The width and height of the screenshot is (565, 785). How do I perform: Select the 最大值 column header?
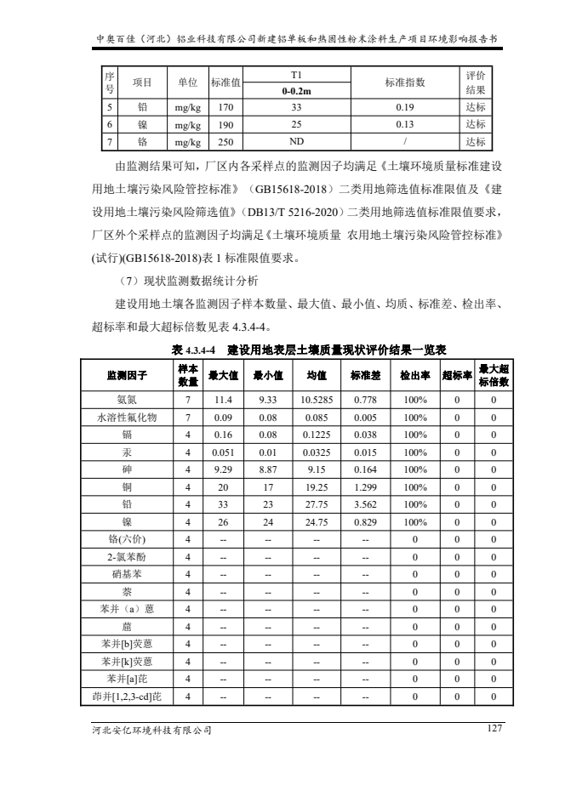[x=224, y=375]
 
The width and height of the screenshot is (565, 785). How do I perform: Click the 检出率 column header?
[x=414, y=375]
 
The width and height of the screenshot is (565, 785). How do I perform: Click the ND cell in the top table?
[x=296, y=142]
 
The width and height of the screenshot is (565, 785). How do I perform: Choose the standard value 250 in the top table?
[x=225, y=142]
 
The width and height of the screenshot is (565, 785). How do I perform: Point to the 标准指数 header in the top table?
[x=405, y=82]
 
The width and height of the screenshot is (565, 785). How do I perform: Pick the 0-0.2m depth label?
[x=296, y=91]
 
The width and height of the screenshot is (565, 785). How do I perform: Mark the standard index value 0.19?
[x=405, y=108]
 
